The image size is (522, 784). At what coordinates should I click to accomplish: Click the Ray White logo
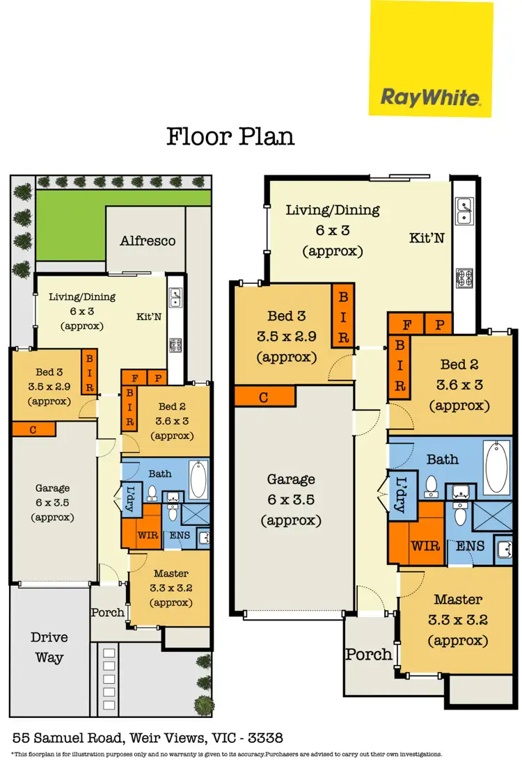[431, 97]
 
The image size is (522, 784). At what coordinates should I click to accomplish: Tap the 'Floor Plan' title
[230, 136]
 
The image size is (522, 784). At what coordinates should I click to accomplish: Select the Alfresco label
[148, 241]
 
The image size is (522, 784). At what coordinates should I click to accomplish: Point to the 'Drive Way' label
[48, 648]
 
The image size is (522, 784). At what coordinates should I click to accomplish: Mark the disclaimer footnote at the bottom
[226, 754]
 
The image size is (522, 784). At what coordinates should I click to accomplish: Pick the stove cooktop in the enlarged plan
[464, 278]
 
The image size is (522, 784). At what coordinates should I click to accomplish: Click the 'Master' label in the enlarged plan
[458, 599]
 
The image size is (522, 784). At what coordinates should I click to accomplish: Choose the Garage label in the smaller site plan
[53, 488]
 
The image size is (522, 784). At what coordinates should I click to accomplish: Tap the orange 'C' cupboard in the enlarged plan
[264, 397]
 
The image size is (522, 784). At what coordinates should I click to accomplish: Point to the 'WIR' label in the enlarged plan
[425, 545]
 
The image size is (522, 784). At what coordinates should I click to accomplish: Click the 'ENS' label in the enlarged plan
[470, 546]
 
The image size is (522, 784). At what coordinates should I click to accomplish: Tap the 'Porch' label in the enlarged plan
[369, 655]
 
